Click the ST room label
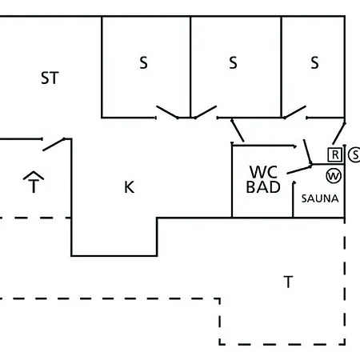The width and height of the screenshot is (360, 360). pos(50,78)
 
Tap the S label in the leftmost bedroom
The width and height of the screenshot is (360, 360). pos(143,63)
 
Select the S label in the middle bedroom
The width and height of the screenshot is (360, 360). pos(233,63)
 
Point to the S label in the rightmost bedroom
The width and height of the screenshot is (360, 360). pos(314,63)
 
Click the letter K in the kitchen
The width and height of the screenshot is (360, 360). pos(130,187)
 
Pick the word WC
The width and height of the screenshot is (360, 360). pos(263,172)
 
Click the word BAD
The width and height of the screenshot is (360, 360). pos(263,187)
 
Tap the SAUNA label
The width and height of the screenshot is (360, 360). pos(320,198)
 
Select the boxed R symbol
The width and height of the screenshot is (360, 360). pos(335,154)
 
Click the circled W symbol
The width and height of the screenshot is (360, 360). pos(334,176)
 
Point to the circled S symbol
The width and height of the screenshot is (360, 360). pos(355,154)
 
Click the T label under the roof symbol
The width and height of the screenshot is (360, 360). pos(34,186)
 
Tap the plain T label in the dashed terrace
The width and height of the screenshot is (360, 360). pos(288,282)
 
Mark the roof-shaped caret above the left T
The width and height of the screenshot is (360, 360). pos(34,175)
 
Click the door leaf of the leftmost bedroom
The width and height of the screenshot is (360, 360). pos(167,112)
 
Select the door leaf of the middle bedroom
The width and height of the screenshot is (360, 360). pos(206,112)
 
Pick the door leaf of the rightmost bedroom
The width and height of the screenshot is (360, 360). pos(294,112)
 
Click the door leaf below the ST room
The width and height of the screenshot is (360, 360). pos(54,145)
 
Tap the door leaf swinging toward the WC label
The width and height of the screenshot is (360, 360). pos(299,170)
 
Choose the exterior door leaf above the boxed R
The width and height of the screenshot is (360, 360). pos(339,134)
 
